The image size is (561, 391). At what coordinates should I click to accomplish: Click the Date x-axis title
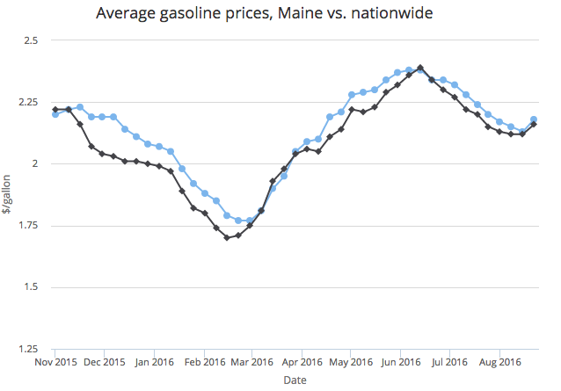coord(295,380)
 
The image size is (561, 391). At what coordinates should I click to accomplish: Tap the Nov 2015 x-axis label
coord(55,361)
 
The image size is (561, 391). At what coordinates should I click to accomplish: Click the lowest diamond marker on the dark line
coord(227,237)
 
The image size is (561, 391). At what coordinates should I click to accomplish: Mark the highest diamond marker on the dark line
coord(420,68)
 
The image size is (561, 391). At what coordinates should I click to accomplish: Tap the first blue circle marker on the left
coord(55,114)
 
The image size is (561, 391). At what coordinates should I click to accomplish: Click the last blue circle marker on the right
coord(534,119)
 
